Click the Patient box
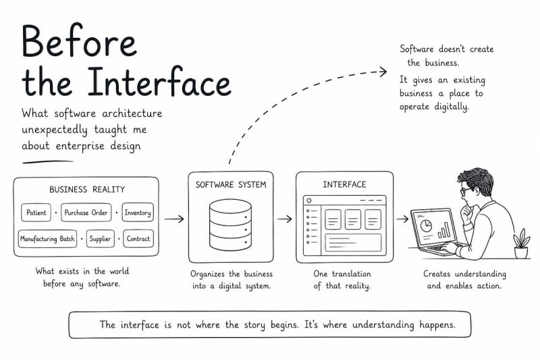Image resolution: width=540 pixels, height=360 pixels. click(36, 213)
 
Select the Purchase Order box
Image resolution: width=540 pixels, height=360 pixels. click(86, 213)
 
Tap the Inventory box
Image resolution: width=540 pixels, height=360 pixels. click(138, 212)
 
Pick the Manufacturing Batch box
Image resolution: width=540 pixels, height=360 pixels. click(47, 238)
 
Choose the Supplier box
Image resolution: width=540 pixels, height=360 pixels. click(100, 238)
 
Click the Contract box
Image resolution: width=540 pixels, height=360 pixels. click(138, 238)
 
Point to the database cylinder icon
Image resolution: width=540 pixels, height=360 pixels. click(230, 225)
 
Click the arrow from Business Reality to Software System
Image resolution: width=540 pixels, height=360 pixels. click(174, 219)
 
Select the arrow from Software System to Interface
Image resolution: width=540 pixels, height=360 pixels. click(284, 219)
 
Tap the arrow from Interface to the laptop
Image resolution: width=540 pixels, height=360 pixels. click(402, 219)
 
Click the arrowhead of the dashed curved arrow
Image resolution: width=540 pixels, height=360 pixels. click(383, 72)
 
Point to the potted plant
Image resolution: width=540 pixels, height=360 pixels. click(521, 243)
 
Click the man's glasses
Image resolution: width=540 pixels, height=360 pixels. click(467, 190)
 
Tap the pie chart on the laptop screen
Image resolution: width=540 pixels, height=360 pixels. click(426, 226)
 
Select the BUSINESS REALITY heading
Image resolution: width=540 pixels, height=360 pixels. click(87, 190)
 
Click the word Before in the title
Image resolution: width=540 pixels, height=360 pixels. click(79, 41)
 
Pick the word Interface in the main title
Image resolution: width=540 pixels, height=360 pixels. click(159, 81)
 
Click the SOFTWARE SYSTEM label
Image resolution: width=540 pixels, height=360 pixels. click(231, 184)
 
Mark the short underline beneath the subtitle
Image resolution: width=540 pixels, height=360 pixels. click(47, 161)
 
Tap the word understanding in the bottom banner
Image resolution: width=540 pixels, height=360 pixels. click(383, 325)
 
